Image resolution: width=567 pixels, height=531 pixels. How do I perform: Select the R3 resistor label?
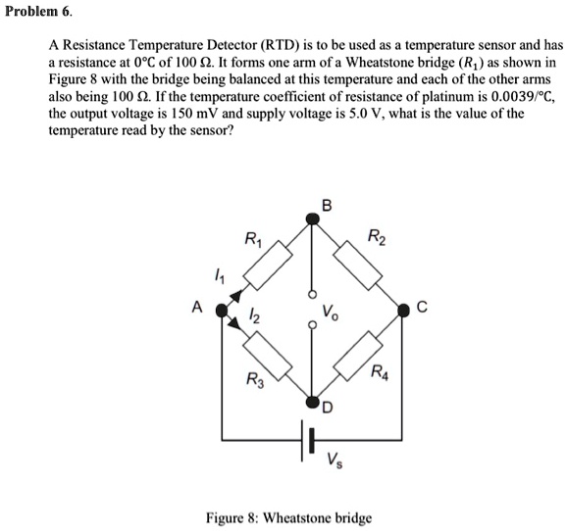click(254, 379)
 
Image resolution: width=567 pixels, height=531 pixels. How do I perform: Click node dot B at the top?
click(313, 222)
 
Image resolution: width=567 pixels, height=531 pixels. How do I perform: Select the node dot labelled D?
click(313, 402)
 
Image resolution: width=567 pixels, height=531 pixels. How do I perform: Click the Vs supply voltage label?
click(335, 460)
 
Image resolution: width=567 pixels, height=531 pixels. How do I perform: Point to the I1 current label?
click(220, 278)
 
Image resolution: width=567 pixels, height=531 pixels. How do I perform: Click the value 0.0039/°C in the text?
click(499, 100)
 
